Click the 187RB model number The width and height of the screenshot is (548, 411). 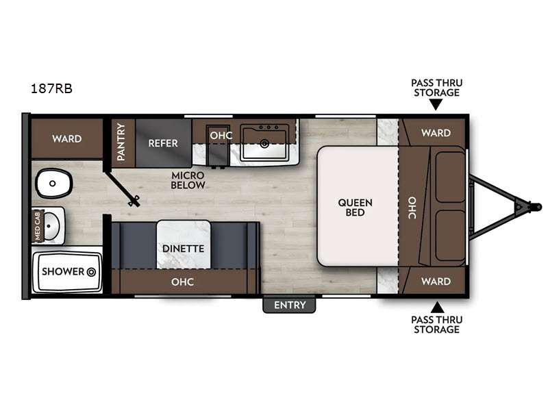tap(52, 88)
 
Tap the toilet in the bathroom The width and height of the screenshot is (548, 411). tap(53, 183)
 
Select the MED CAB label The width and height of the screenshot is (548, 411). tap(38, 225)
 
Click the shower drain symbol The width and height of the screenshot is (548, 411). tap(91, 271)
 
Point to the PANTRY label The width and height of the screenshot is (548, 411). tap(121, 142)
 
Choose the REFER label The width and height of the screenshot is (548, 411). tap(163, 143)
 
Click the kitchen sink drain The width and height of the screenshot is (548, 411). tap(264, 143)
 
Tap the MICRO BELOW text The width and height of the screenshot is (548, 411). tap(188, 180)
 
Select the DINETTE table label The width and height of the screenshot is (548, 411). tap(183, 249)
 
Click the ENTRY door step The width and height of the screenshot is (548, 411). tap(289, 304)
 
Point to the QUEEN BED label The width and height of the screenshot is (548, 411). tap(355, 208)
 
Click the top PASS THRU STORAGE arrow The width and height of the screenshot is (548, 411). tap(436, 105)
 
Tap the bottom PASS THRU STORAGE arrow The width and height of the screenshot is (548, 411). tap(437, 308)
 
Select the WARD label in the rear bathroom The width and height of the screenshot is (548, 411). tap(66, 139)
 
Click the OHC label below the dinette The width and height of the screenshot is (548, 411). tap(182, 282)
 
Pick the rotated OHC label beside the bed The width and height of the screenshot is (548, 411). tap(412, 208)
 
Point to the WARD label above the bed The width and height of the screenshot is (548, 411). tap(436, 133)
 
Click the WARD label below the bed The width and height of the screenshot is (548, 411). tap(436, 281)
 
